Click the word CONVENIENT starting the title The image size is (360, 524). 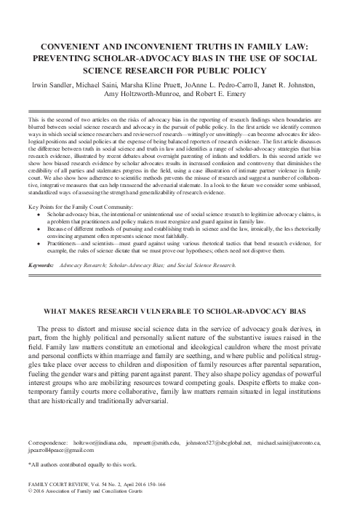coord(69,44)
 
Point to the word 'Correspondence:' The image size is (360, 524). coord(50,442)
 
